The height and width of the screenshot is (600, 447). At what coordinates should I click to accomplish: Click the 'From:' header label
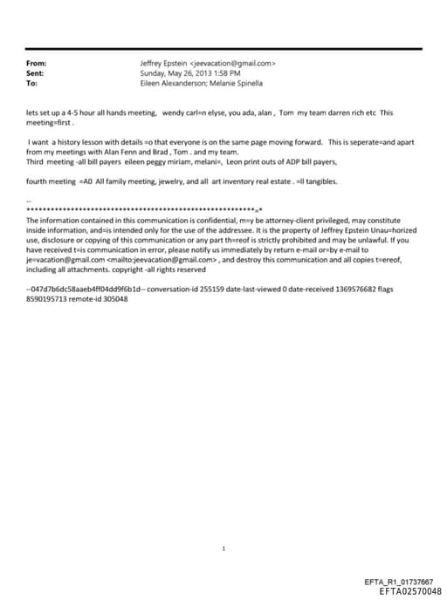37,64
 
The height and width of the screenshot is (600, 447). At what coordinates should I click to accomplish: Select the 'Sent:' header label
37,73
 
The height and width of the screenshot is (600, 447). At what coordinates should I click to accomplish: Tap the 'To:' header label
32,84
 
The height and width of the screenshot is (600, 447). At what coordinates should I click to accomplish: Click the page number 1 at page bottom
223,524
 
